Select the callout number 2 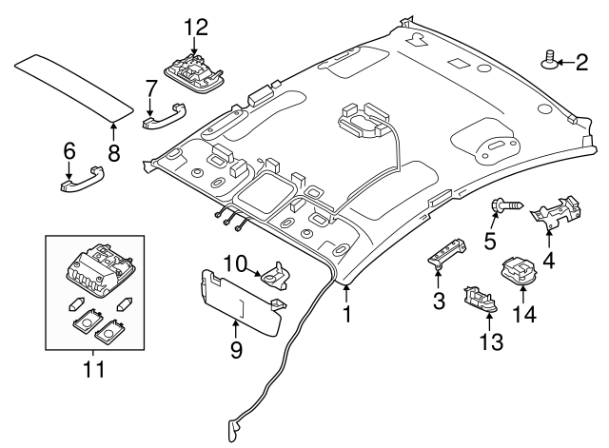(x=580, y=63)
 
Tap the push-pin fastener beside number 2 (x=549, y=62)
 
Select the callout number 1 (x=346, y=311)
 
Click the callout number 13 (x=491, y=341)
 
